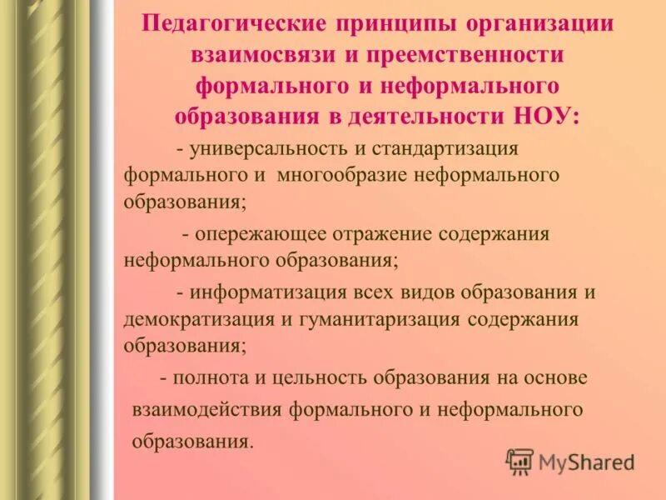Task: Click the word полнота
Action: pyautogui.click(x=211, y=377)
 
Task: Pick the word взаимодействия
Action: pyautogui.click(x=208, y=409)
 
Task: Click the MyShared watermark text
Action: pyautogui.click(x=586, y=461)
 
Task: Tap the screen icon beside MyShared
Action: pyautogui.click(x=519, y=461)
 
